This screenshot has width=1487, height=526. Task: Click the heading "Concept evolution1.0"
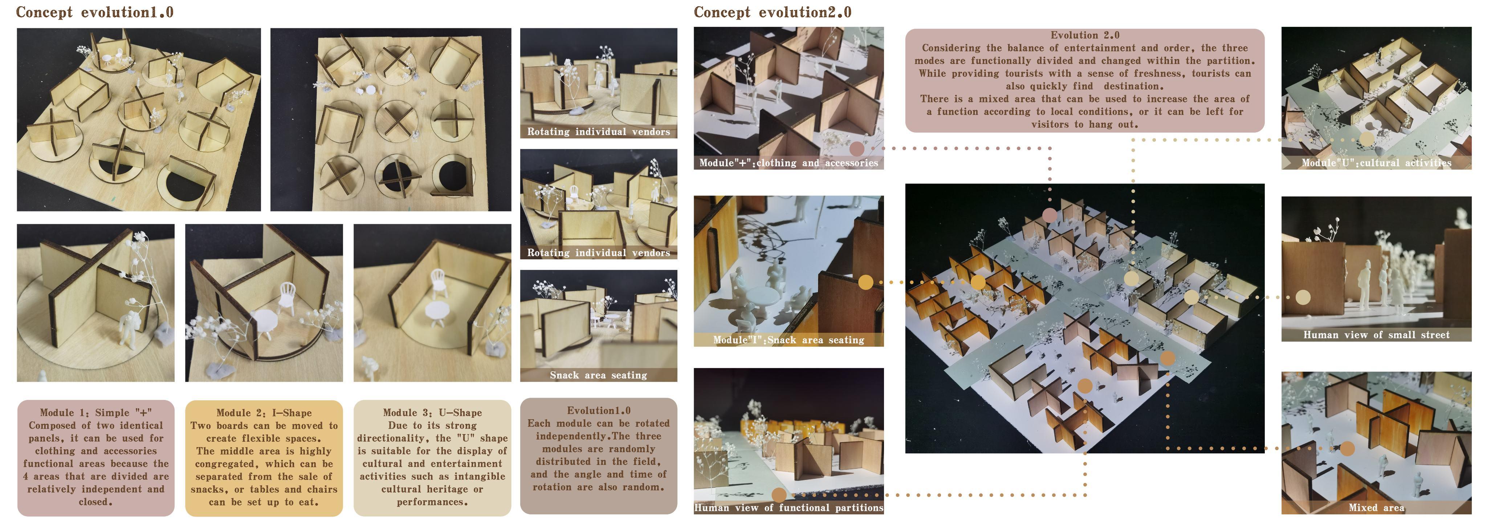tap(95, 12)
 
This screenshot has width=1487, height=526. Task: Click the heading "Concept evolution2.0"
tap(773, 12)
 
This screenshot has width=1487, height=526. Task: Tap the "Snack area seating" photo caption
tap(598, 375)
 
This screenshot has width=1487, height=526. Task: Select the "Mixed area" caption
tap(1376, 507)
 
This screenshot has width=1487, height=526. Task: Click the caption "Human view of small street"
tap(1376, 335)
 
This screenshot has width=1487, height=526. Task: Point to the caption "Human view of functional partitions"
tap(789, 507)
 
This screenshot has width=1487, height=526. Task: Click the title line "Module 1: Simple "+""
tap(96, 412)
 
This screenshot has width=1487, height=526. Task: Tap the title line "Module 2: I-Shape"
tap(264, 412)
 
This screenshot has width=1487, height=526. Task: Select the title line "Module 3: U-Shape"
tap(432, 412)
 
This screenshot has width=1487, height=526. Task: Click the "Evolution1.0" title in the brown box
tap(599, 410)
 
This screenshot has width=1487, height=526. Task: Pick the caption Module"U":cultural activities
tap(1376, 163)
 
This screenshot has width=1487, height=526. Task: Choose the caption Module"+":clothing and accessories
tap(789, 163)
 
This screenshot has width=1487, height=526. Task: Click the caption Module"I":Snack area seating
tap(789, 340)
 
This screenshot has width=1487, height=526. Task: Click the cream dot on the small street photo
tap(1303, 298)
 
